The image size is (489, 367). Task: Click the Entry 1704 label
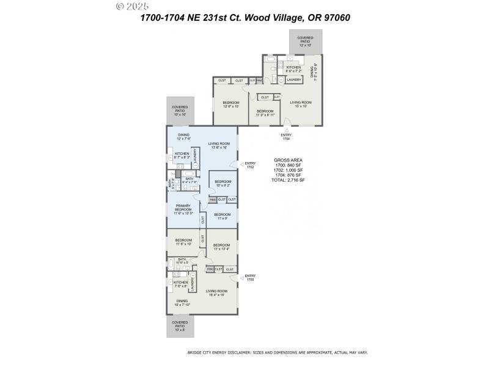pyautogui.click(x=286, y=136)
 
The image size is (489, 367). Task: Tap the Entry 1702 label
pyautogui.click(x=250, y=165)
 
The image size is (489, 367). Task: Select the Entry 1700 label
pyautogui.click(x=250, y=278)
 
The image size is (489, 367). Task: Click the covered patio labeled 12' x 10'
pyautogui.click(x=305, y=41)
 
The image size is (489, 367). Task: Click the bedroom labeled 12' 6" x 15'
pyautogui.click(x=230, y=104)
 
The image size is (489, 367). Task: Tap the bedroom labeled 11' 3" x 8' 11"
pyautogui.click(x=265, y=113)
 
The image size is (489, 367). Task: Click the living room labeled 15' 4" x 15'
pyautogui.click(x=216, y=293)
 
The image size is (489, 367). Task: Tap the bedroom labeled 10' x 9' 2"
pyautogui.click(x=223, y=183)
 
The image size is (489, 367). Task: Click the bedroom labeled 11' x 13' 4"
pyautogui.click(x=221, y=247)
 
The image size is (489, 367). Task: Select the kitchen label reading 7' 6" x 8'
pyautogui.click(x=180, y=284)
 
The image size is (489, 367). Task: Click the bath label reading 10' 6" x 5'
pyautogui.click(x=182, y=261)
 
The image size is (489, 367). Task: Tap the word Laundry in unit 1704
pyautogui.click(x=294, y=80)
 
